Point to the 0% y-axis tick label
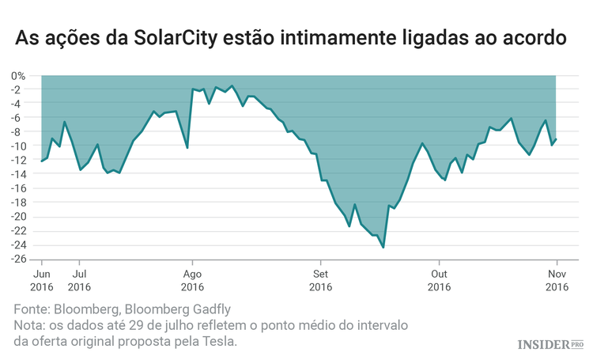coord(18,76)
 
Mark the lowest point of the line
coord(383,247)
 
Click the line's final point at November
coord(557,139)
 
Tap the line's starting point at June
coord(41,161)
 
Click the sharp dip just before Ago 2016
coord(187,148)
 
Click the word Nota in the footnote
coord(31,325)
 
